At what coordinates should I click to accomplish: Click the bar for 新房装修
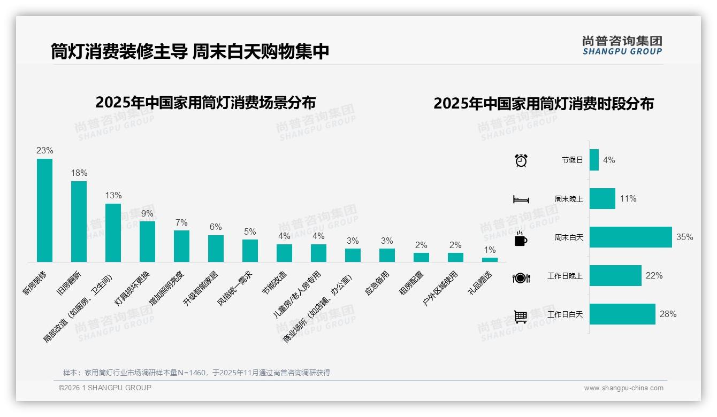(x=44, y=210)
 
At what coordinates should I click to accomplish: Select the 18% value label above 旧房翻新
(x=79, y=173)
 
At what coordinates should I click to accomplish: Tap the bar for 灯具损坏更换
(x=147, y=241)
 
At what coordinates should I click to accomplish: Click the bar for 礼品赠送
(x=490, y=260)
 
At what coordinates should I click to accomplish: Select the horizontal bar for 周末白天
(x=630, y=237)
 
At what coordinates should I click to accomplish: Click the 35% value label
(x=684, y=237)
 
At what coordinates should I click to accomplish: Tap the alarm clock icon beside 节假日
(x=521, y=160)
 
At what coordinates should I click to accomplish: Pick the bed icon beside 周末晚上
(x=521, y=199)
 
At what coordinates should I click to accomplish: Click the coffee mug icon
(x=521, y=238)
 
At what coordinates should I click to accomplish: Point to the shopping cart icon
(x=521, y=316)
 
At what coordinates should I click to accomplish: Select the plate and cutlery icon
(x=521, y=277)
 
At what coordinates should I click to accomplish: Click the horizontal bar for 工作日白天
(x=622, y=314)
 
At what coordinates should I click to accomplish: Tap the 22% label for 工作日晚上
(x=654, y=276)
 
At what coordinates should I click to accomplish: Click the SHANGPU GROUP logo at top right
(x=622, y=45)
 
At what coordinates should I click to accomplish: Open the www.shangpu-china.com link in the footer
(x=623, y=388)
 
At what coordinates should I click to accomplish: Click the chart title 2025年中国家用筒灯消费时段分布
(x=544, y=104)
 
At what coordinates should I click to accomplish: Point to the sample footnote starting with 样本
(x=196, y=373)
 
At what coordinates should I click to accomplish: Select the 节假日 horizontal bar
(x=594, y=160)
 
